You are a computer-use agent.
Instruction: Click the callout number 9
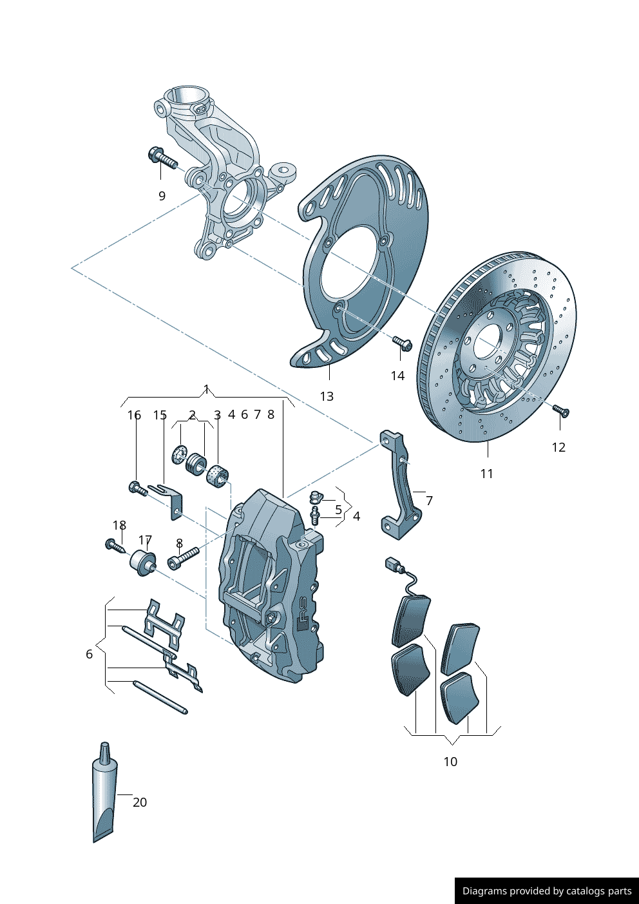click(x=162, y=196)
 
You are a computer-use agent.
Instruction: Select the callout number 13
click(x=327, y=396)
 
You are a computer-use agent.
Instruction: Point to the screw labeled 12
click(x=560, y=410)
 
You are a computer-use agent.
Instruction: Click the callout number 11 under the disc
click(x=487, y=474)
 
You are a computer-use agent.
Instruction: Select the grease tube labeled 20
click(x=105, y=796)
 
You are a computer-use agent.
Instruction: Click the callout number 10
click(x=450, y=762)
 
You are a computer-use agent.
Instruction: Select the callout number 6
click(x=90, y=654)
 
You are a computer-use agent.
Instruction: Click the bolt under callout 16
click(x=137, y=489)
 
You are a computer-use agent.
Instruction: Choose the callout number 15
click(x=160, y=416)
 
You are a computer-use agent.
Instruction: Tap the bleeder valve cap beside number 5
click(x=316, y=497)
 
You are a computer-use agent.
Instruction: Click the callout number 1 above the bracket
click(x=206, y=389)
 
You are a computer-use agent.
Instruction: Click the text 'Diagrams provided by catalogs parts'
click(x=547, y=891)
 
